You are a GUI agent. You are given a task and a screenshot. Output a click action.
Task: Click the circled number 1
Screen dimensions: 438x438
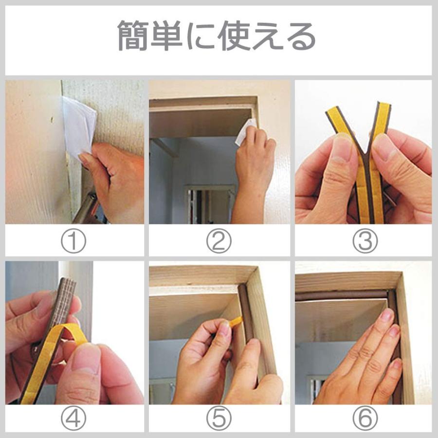(x=73, y=241)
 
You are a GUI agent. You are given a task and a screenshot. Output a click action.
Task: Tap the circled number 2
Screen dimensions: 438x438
(x=219, y=241)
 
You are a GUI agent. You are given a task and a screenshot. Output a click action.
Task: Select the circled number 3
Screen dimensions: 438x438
(x=365, y=241)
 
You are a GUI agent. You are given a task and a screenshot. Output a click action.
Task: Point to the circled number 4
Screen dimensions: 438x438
(x=73, y=419)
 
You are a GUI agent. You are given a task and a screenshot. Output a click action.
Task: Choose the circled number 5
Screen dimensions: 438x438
(x=219, y=419)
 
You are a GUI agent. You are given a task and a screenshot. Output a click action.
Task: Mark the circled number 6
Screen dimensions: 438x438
(x=365, y=419)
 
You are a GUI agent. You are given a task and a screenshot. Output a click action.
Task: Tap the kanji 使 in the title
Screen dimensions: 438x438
(x=234, y=36)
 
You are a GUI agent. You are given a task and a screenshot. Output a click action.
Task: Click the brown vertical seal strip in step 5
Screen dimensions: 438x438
(x=248, y=327)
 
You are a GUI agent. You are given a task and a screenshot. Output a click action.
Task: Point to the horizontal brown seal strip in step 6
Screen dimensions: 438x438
(x=341, y=295)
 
